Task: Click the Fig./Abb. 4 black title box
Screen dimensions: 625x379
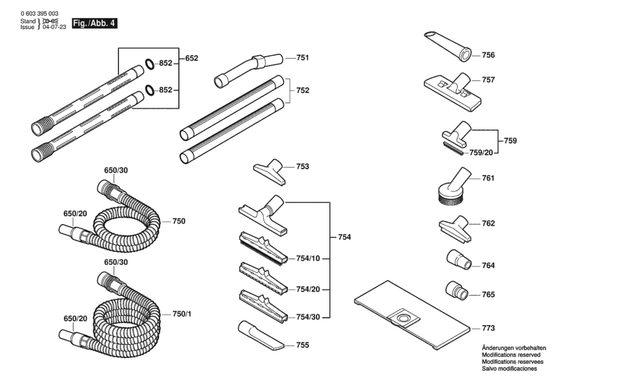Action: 95,23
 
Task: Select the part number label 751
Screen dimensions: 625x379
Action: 303,58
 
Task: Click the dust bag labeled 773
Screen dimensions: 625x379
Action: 412,315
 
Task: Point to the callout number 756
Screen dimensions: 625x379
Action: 488,55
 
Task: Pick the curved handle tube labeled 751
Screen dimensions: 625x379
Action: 249,71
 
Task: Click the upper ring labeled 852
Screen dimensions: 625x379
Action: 150,64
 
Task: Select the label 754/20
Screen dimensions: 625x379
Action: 308,289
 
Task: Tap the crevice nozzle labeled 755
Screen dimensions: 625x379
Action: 261,335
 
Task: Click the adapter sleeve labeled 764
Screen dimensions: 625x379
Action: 459,260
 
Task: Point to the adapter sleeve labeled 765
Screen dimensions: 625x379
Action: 457,291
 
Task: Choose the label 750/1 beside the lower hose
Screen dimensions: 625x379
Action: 182,314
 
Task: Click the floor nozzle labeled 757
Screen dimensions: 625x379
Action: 452,92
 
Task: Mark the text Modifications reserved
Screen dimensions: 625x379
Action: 511,355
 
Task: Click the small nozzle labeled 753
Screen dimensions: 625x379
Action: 269,172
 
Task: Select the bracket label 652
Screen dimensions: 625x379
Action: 192,58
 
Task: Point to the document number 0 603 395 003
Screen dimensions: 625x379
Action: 39,13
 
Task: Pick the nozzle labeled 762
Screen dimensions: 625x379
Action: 455,229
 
